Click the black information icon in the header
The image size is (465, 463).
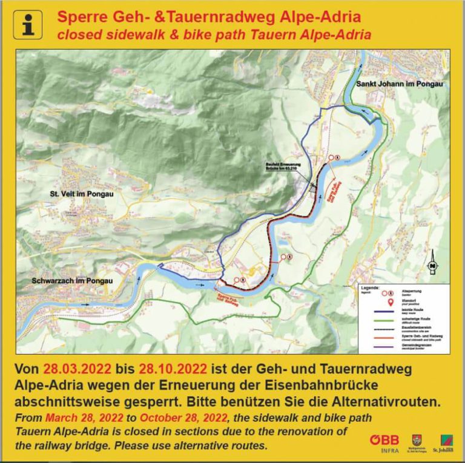click(x=27, y=25)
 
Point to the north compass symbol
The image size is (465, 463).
click(x=432, y=265)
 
